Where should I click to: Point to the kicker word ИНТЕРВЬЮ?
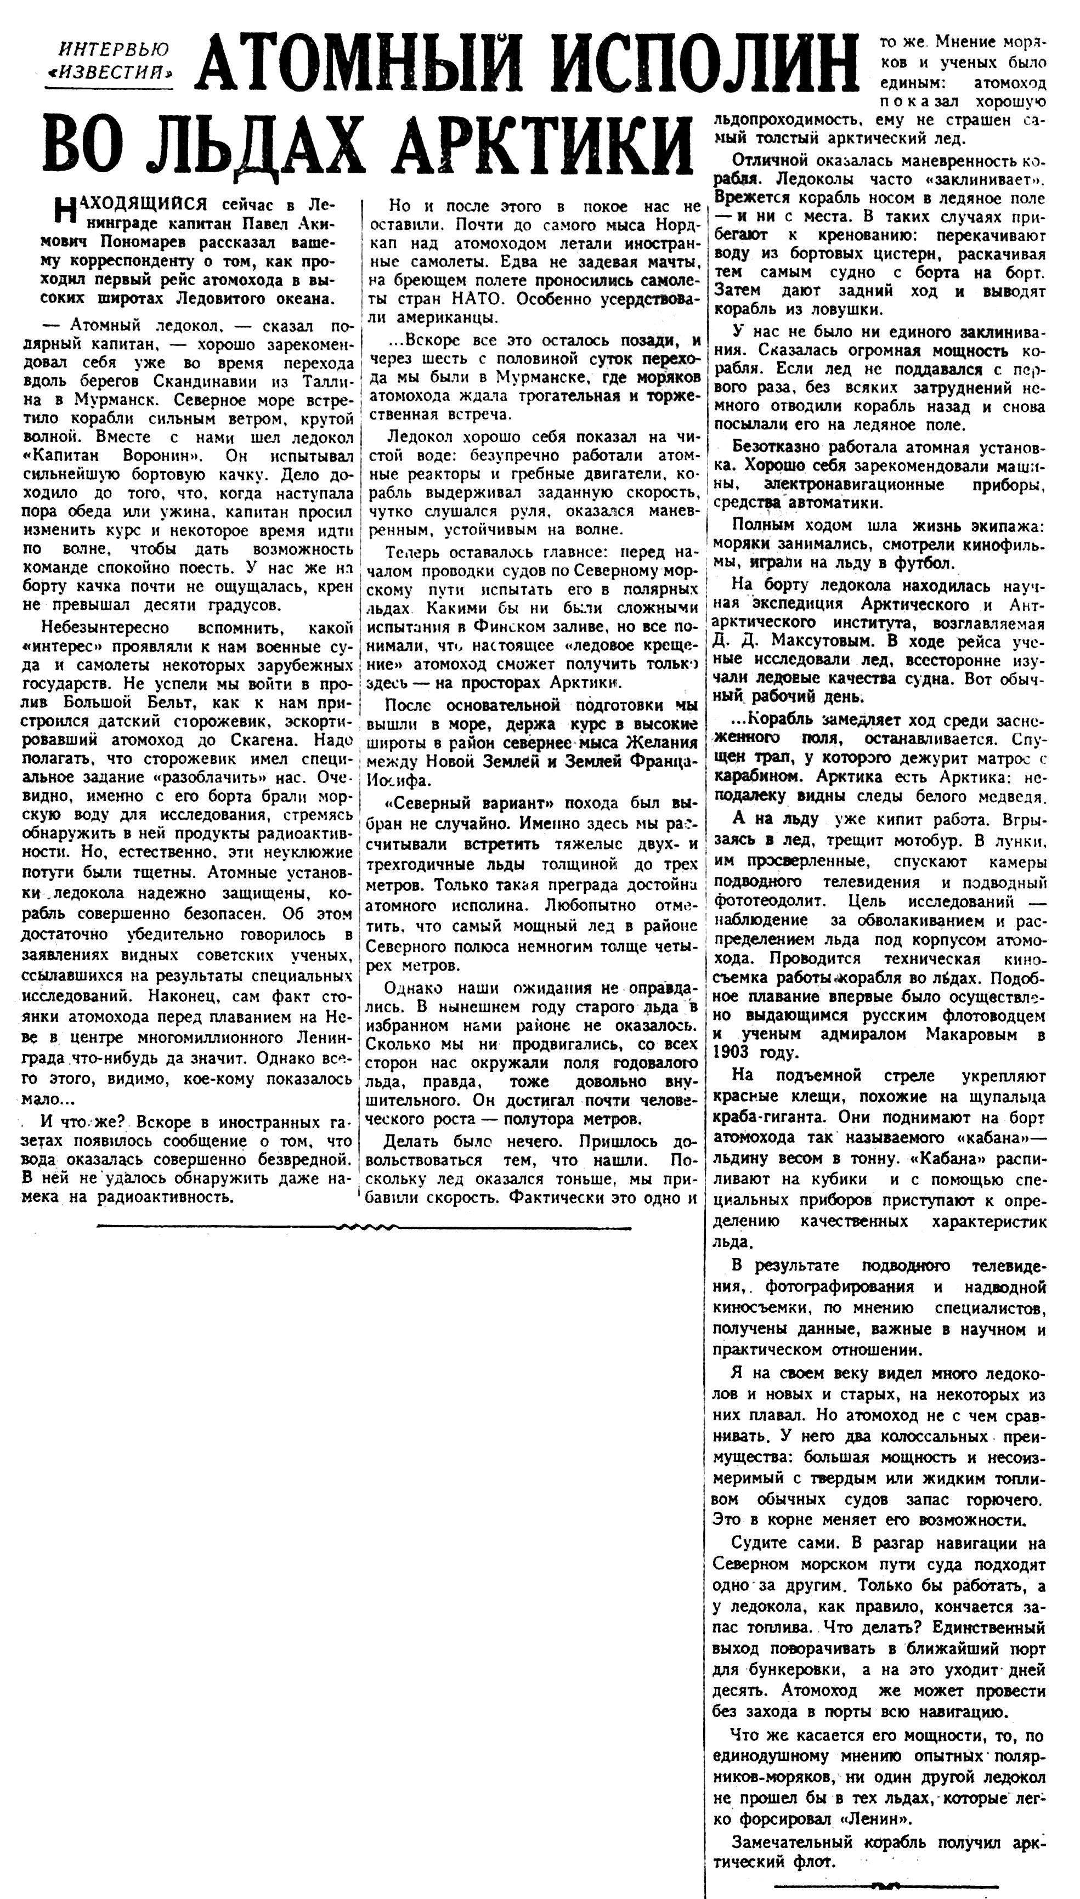[x=114, y=50]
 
